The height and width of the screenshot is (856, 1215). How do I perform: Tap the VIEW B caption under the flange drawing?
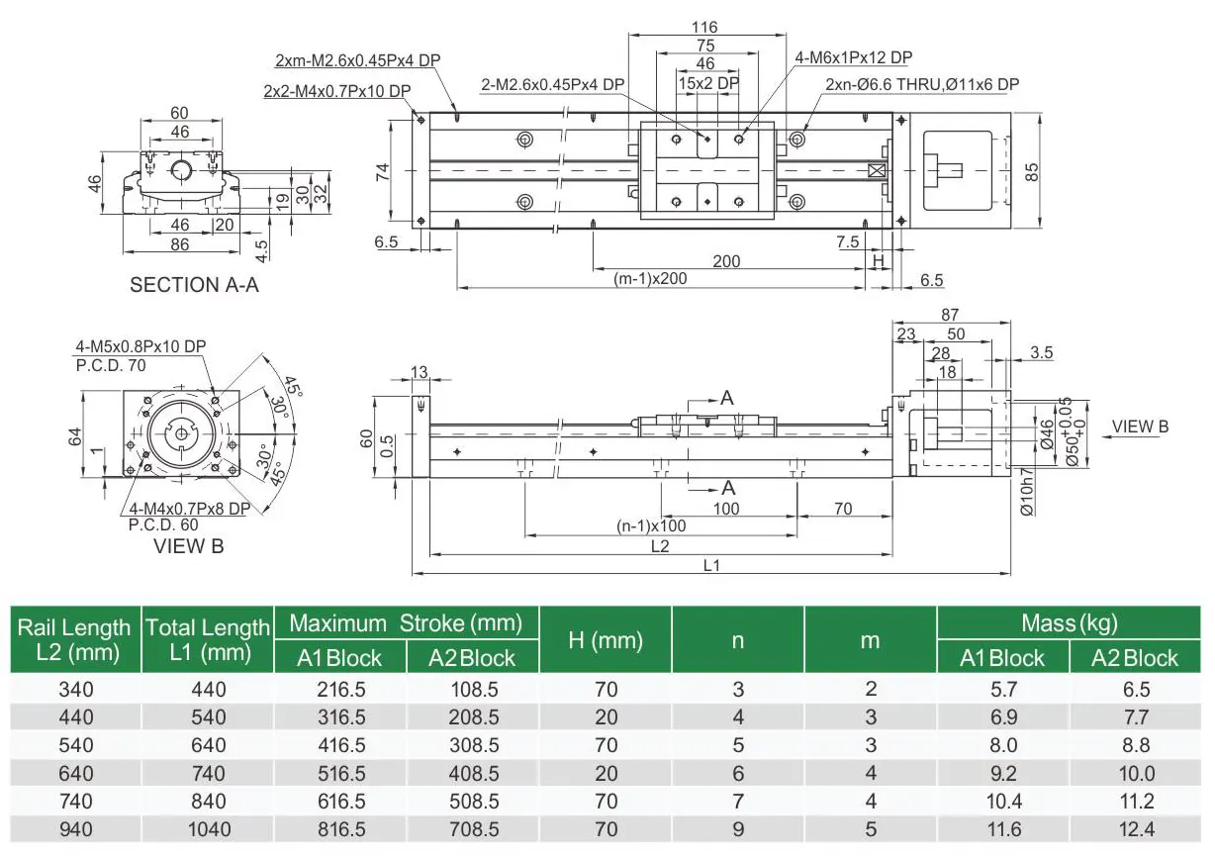tap(188, 545)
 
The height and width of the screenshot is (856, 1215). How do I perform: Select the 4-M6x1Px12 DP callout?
tap(854, 58)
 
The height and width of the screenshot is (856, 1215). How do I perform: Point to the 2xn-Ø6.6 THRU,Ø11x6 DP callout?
tap(921, 85)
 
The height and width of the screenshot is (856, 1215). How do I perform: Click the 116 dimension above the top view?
tap(704, 27)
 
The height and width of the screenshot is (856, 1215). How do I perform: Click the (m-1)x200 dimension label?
tap(650, 279)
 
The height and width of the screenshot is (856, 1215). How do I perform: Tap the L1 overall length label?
tap(711, 565)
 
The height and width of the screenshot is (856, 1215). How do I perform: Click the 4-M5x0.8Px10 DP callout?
tap(140, 346)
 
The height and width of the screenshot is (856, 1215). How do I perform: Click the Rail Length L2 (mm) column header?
tap(74, 639)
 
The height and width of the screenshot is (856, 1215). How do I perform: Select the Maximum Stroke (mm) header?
tap(405, 623)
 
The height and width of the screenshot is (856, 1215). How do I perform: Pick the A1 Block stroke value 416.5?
tap(339, 745)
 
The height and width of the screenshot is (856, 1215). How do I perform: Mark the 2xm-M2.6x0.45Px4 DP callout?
tap(357, 60)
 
